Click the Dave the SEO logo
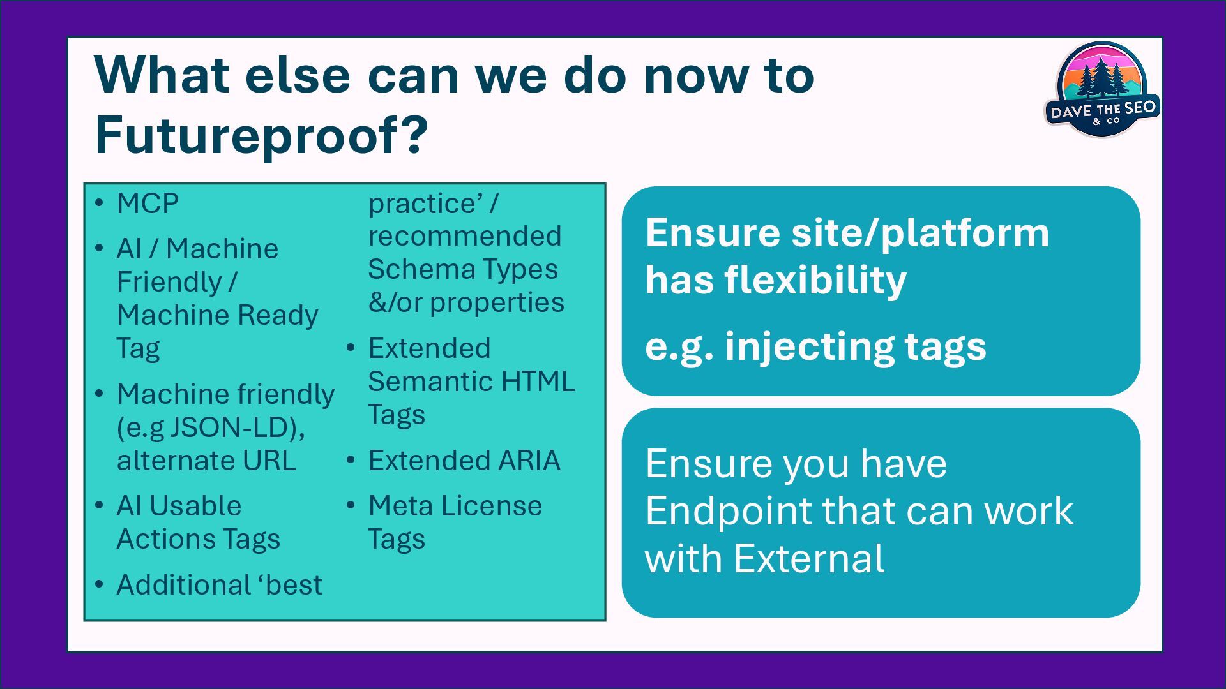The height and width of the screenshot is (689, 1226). tap(1102, 89)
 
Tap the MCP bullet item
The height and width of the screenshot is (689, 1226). tap(148, 204)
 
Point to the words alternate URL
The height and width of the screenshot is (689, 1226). tap(206, 461)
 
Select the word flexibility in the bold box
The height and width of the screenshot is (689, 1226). tap(815, 280)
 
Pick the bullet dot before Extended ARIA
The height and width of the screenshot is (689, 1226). tap(351, 460)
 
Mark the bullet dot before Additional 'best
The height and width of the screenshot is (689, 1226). tap(99, 584)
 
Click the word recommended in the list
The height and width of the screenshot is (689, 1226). tap(465, 236)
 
